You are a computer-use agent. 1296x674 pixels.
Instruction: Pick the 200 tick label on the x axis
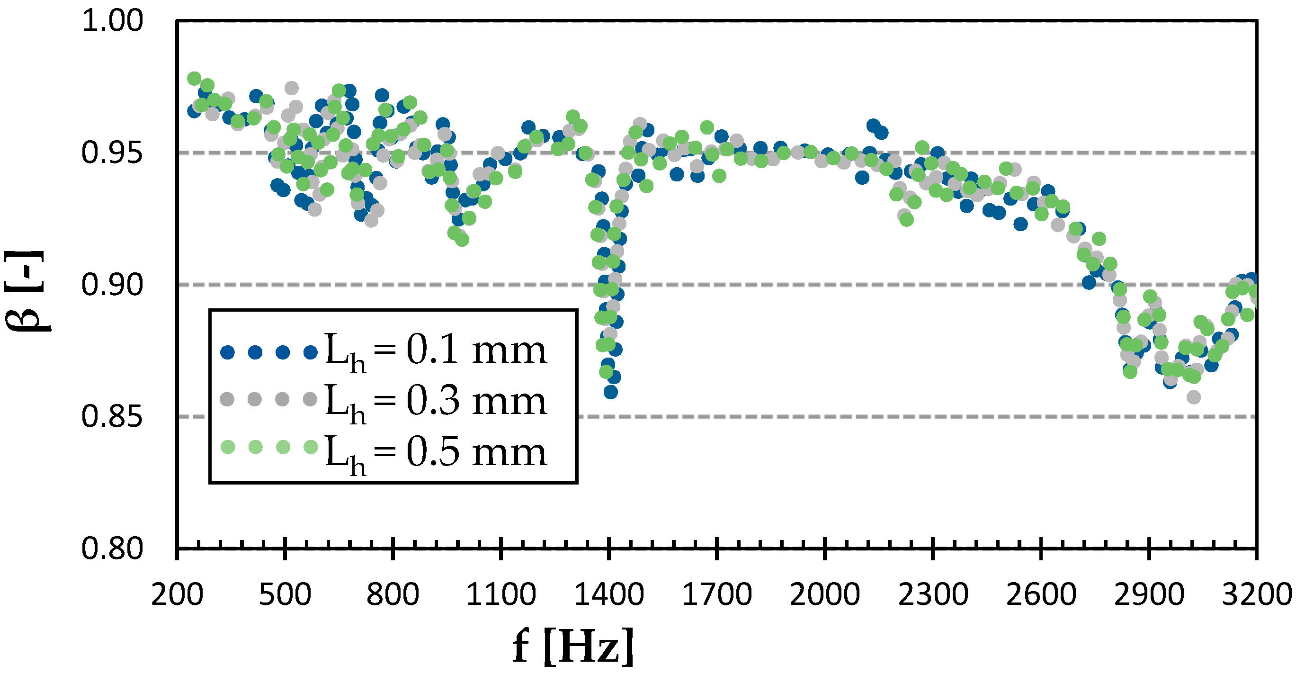click(177, 594)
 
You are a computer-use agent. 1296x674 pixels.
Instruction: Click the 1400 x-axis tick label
click(609, 594)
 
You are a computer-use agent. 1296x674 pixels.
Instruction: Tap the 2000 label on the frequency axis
click(824, 594)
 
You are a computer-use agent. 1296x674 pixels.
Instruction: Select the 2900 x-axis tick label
click(1149, 594)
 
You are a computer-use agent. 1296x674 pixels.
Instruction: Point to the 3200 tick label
click(1256, 594)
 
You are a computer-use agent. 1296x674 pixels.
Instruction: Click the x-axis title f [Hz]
click(573, 647)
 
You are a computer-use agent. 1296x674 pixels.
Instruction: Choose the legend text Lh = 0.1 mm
click(436, 350)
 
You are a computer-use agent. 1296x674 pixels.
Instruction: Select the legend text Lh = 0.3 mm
click(436, 401)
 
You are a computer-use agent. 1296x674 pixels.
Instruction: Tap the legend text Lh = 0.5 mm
click(436, 452)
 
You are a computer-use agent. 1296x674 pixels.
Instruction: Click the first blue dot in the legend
click(228, 352)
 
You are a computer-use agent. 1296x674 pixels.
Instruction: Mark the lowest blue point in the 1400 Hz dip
click(610, 392)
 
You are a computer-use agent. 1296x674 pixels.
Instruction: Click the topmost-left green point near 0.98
click(194, 79)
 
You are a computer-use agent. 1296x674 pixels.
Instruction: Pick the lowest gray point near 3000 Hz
click(1193, 397)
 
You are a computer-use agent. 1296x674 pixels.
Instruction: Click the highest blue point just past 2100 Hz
click(873, 125)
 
